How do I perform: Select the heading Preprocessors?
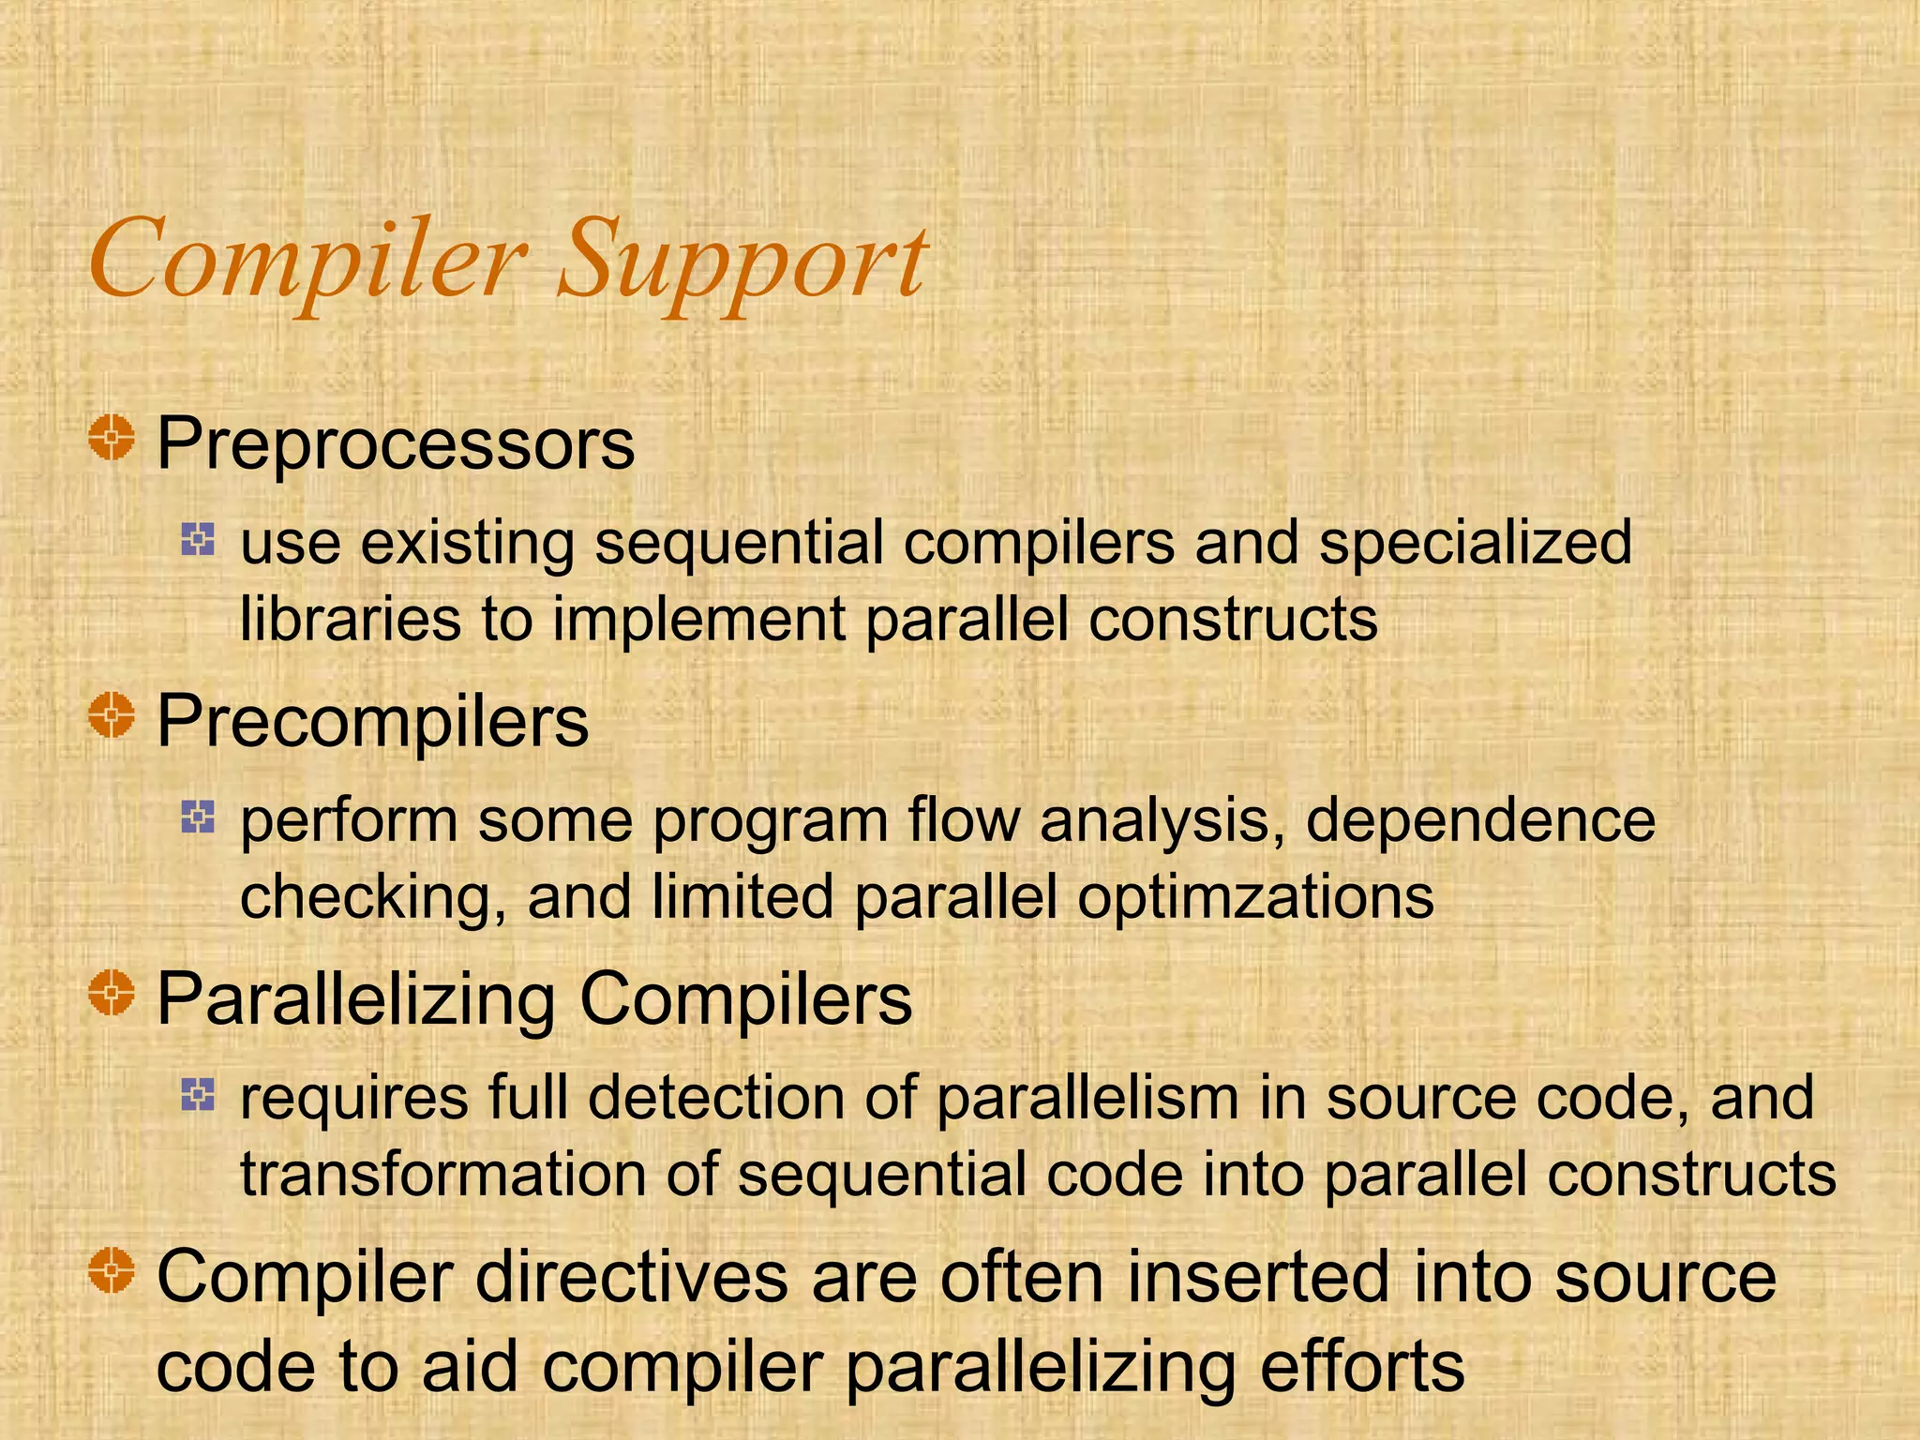click(x=396, y=443)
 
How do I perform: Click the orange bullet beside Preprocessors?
click(x=112, y=438)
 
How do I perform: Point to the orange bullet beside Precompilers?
click(x=112, y=715)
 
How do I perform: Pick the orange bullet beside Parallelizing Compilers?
click(x=112, y=993)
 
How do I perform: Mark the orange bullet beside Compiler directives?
click(x=112, y=1270)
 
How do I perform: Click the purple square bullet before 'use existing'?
click(x=198, y=539)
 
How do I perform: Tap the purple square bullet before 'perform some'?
click(x=198, y=817)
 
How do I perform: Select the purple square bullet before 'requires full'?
click(x=198, y=1094)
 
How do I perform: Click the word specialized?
click(x=1475, y=544)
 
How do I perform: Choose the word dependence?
click(x=1480, y=821)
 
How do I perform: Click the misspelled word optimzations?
click(x=1255, y=897)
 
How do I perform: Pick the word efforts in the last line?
click(x=1361, y=1367)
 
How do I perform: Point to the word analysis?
click(x=1162, y=821)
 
